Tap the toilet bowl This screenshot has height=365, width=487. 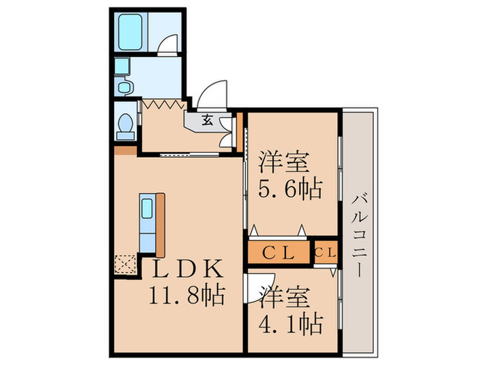tap(126, 124)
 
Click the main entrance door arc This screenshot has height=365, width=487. tap(214, 95)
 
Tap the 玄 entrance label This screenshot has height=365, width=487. tap(207, 120)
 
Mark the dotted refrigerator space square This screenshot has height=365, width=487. tap(126, 265)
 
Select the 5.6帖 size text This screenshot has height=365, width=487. tap(291, 188)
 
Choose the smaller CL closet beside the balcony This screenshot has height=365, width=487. tap(325, 252)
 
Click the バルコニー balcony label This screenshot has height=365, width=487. tap(359, 234)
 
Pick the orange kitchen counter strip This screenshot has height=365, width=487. tap(161, 225)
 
